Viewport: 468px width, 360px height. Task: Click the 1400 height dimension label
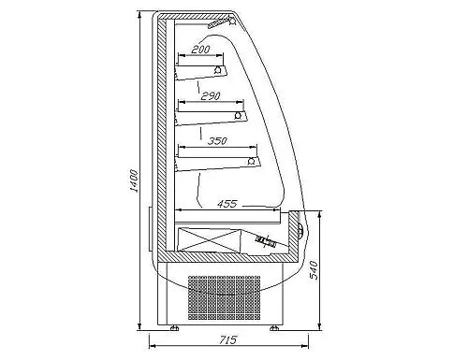[x=134, y=180]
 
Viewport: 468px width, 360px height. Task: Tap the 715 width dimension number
[x=227, y=339]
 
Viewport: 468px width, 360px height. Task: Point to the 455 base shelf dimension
[x=227, y=204]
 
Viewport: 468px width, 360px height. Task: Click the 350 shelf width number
[x=217, y=141]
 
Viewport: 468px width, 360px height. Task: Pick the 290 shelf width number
[x=211, y=96]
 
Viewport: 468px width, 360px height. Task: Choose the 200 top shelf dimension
[x=200, y=50]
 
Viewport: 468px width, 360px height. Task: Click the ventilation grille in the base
[x=224, y=297]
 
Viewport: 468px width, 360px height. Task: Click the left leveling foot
[x=174, y=328]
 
